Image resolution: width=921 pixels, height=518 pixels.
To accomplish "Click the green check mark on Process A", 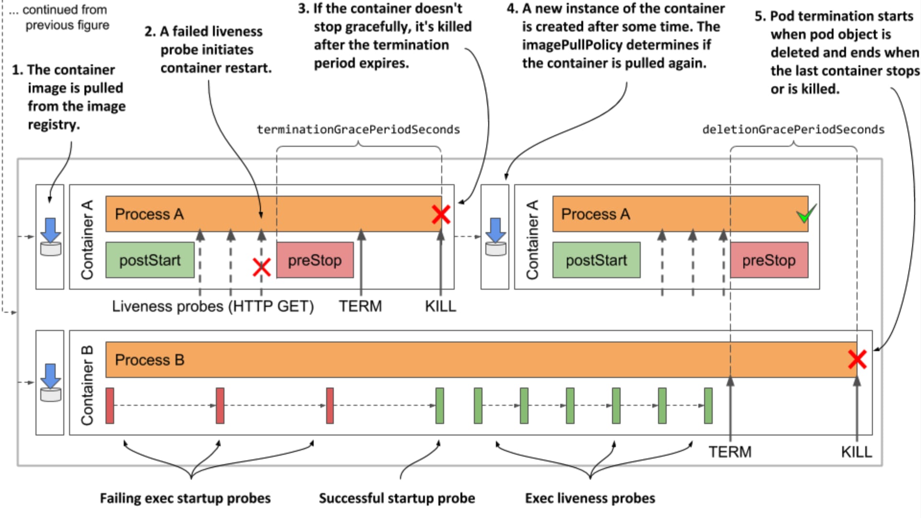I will [x=806, y=214].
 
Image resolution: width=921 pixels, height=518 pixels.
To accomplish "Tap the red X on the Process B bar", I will [x=857, y=359].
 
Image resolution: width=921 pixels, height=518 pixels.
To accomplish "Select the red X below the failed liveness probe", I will [x=261, y=267].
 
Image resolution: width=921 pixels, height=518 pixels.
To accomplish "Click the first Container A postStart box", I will [x=150, y=260].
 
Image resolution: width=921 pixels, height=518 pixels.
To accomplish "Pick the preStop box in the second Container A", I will [x=769, y=260].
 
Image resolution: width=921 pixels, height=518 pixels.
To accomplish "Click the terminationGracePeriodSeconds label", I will [x=358, y=129].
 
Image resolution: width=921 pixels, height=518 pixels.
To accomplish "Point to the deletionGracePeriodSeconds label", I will [x=793, y=129].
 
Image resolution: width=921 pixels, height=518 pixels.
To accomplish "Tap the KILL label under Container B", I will [x=856, y=452].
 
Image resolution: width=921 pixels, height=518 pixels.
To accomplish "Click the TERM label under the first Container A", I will [x=360, y=306].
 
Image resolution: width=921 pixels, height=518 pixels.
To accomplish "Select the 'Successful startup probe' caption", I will [x=397, y=498].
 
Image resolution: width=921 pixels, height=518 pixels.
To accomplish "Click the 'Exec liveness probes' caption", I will [x=590, y=498].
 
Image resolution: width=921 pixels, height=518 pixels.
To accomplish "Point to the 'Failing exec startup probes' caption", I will [x=185, y=498].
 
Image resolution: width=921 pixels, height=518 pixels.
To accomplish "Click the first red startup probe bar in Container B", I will [x=110, y=406].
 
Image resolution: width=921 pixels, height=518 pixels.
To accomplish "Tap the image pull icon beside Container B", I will [x=50, y=382].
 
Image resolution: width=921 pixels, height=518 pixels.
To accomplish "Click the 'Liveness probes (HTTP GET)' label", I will [x=213, y=306].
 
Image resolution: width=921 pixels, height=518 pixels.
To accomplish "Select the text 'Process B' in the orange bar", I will [x=150, y=360].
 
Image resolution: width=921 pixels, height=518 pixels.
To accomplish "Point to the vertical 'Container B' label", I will [x=87, y=385].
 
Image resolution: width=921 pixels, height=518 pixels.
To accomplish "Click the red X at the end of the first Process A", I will [x=440, y=214].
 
